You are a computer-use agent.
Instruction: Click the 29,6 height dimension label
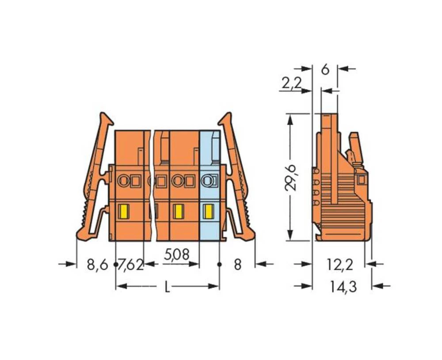tap(291, 176)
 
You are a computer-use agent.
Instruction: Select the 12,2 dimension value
tap(340, 265)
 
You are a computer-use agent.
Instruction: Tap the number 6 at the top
tap(325, 69)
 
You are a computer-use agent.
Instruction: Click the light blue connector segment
tap(210, 186)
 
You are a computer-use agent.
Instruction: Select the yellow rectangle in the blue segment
tap(206, 212)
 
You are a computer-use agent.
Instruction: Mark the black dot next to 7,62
tap(116, 265)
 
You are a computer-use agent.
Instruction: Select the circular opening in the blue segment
tap(206, 180)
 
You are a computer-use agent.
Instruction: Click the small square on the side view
tap(361, 179)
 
